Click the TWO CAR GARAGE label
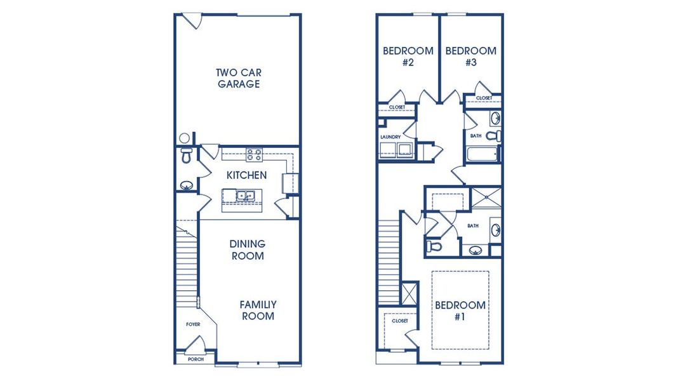tap(239, 78)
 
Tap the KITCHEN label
tap(246, 175)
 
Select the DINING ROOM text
tap(247, 250)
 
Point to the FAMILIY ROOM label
tap(257, 310)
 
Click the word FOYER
tap(193, 324)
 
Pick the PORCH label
tap(196, 359)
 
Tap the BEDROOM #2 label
tap(408, 57)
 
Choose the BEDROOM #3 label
tap(470, 57)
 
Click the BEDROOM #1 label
tap(460, 311)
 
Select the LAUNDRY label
tap(390, 137)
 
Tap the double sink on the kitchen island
tap(246, 196)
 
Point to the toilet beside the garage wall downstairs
tap(185, 156)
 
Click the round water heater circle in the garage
tap(184, 138)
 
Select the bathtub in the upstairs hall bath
tap(482, 155)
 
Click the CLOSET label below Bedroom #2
tap(397, 107)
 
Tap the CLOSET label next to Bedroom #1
tap(399, 321)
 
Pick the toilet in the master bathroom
tap(434, 246)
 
